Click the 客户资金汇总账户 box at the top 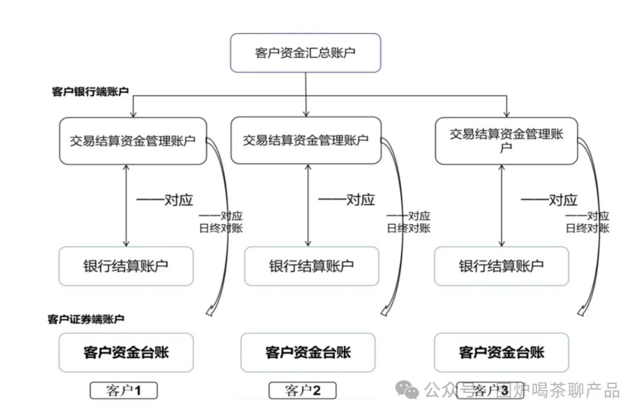coord(305,53)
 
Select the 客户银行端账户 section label coord(90,92)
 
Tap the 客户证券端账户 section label coord(85,319)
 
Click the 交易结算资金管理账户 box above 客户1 coord(132,141)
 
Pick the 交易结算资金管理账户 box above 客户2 coord(305,140)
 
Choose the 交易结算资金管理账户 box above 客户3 coord(506,140)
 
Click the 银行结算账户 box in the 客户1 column coord(126,266)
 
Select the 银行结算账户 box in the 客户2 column coord(311,266)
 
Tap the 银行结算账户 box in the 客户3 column coord(501,266)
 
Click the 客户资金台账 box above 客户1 coord(126,352)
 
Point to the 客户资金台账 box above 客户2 coord(307,352)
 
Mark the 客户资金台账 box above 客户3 coord(501,352)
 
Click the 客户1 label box coord(123,390)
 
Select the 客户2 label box coord(302,390)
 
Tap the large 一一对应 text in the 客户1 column coord(164,200)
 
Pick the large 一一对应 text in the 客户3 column coord(548,200)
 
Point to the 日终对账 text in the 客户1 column coord(220,228)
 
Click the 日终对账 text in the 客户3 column coord(587,228)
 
